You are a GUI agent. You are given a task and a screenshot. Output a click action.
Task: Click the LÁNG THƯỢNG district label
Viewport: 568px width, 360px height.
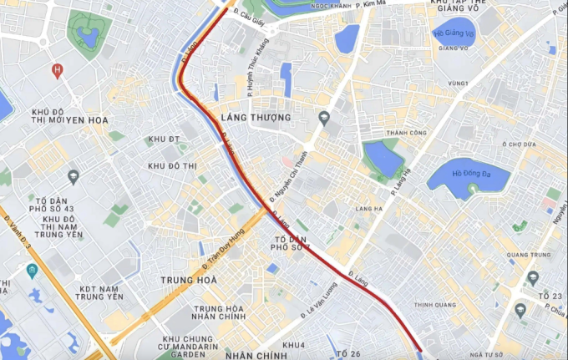tap(256, 118)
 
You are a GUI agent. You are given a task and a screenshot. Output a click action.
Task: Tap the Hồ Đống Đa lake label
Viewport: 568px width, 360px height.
tap(468, 174)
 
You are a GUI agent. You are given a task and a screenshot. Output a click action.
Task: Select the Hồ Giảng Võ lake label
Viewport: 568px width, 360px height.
tap(454, 33)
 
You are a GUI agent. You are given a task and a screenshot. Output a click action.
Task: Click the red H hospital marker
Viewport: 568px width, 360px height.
tap(57, 69)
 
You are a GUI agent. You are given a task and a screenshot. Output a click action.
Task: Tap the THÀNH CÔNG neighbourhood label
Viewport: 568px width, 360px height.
tap(406, 133)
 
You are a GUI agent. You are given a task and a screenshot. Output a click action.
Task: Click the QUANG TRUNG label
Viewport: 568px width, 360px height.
tap(525, 256)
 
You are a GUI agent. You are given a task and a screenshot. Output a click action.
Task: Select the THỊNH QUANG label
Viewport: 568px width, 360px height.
tap(432, 305)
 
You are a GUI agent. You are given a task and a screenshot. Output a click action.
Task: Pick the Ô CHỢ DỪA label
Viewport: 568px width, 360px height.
tap(517, 144)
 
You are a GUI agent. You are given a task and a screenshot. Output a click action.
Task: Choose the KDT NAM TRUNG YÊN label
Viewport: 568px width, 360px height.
tap(99, 292)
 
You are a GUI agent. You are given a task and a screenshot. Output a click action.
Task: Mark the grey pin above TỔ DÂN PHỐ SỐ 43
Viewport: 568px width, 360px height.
tap(74, 176)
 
